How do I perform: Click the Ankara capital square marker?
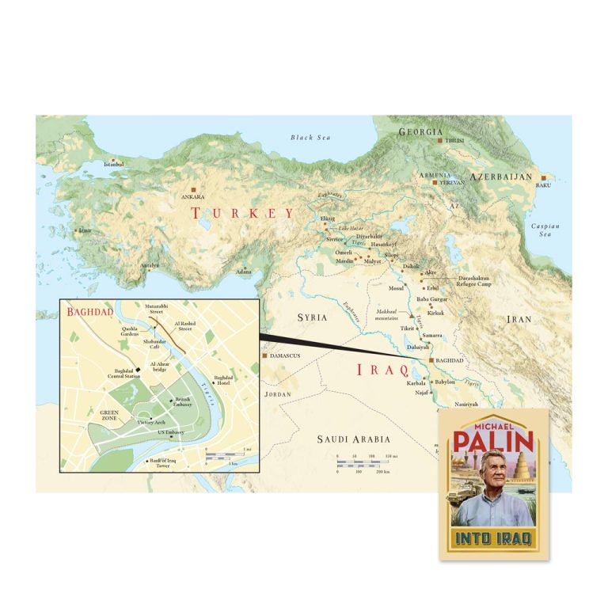pos(192,190)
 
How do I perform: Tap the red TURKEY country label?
pos(242,213)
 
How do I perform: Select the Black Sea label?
pos(309,138)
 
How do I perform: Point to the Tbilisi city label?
pos(452,140)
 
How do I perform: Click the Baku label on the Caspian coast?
pos(543,185)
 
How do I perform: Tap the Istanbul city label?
pos(114,165)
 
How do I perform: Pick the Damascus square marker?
pos(264,355)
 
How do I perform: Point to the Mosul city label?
pos(396,289)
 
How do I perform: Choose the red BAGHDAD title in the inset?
pos(90,312)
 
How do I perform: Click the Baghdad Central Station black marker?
pos(137,368)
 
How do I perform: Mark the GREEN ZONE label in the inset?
pos(109,415)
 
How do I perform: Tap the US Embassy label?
pos(170,431)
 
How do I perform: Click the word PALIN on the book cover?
pos(493,438)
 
